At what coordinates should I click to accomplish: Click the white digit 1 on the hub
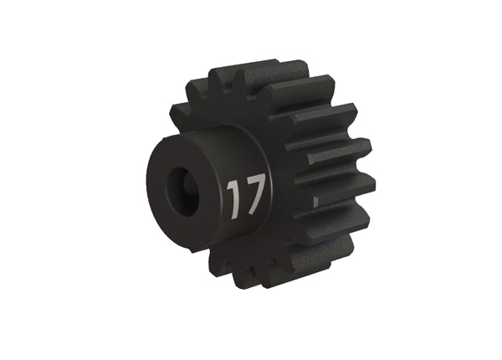coord(233,198)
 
